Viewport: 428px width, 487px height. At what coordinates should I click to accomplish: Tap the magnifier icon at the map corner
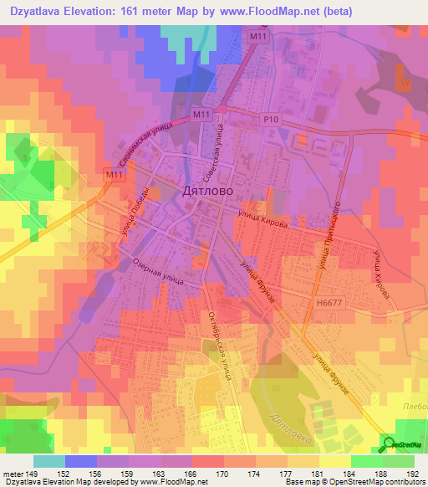click(389, 443)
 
